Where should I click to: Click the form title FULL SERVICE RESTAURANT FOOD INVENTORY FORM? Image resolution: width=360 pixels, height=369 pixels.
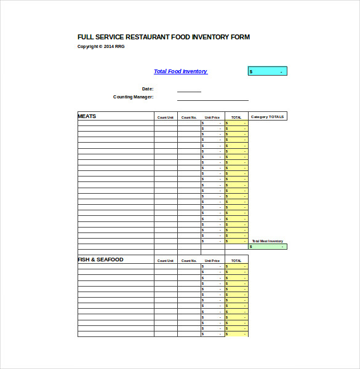pos(163,37)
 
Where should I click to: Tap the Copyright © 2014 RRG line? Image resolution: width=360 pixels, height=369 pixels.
pos(100,46)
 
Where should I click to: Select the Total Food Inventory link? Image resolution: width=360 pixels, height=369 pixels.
pos(180,71)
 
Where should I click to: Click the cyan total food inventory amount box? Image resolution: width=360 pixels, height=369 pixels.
pos(267,71)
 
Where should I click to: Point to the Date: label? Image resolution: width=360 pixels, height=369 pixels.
pos(148,89)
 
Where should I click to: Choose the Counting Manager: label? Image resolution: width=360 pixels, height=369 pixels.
pos(133,97)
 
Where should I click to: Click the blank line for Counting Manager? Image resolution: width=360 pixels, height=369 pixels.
pos(212,98)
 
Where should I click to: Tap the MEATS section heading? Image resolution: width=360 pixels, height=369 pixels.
pos(87,116)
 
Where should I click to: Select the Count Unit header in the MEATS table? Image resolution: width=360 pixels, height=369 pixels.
pos(166,117)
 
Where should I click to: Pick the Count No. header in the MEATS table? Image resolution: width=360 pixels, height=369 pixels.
pos(189,117)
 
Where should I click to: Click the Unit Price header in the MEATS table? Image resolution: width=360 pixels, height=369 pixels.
pos(212,117)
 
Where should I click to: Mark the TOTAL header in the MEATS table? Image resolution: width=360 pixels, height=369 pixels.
pos(236,117)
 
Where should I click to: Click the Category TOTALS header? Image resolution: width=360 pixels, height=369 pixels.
pos(268,117)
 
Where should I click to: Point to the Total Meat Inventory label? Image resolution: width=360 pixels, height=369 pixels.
pos(268,241)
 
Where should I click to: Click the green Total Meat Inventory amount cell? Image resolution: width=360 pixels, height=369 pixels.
pos(268,247)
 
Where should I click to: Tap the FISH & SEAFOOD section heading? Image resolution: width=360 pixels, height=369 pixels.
pos(100,260)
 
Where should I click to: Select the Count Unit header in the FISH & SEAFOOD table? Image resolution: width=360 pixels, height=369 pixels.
pos(166,261)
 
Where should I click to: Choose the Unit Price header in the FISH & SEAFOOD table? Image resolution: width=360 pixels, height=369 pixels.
pos(212,261)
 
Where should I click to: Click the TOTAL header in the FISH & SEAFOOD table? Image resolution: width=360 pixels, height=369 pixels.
pos(236,261)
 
